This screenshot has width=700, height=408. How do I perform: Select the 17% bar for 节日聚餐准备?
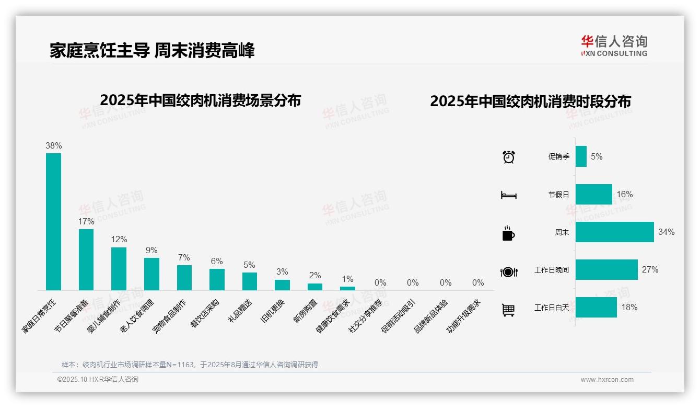86,259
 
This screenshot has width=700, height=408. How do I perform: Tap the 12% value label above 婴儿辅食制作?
119,239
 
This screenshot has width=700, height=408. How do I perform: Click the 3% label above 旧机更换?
282,271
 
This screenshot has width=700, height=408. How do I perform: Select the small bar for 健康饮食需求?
347,288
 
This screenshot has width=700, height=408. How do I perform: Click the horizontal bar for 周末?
614,232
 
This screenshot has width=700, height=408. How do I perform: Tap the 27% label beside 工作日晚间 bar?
650,269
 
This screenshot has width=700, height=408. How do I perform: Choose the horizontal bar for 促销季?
581,156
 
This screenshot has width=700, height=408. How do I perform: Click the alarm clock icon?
509,157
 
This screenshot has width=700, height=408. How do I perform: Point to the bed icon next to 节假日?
509,195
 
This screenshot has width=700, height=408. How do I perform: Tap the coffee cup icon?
508,233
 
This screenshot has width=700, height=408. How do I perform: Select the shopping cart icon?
508,310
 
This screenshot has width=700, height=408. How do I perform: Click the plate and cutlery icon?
509,271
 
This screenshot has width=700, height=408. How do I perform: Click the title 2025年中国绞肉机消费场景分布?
200,100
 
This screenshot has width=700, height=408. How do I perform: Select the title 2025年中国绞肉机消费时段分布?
530,101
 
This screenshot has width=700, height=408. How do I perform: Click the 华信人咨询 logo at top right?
614,46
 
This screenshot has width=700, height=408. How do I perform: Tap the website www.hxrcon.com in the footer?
607,380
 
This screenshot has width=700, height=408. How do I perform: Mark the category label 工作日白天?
552,308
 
